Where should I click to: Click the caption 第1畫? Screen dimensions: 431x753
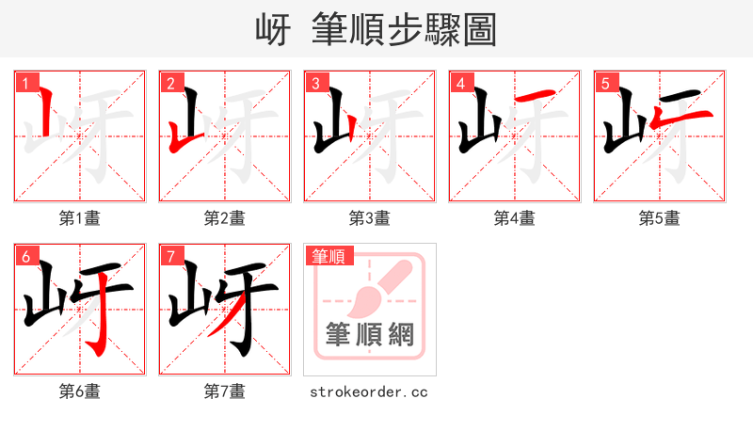80,218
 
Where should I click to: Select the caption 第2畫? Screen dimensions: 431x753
225,218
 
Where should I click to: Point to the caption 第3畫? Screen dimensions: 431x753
370,218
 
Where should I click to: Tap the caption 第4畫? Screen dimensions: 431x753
515,218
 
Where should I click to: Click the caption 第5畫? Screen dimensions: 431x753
660,218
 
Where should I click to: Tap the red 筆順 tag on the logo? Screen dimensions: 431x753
328,256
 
